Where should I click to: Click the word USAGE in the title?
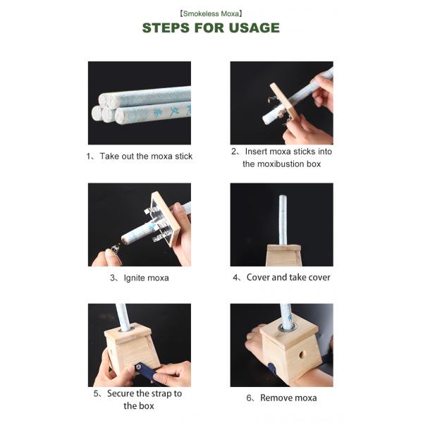(254, 27)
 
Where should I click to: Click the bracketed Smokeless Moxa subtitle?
(211, 13)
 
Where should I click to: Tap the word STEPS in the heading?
(166, 27)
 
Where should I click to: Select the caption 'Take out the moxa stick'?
(146, 157)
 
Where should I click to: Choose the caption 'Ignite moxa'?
(146, 278)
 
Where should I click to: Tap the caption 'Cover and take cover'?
(288, 277)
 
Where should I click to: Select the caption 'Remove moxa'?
(288, 398)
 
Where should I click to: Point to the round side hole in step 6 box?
(302, 355)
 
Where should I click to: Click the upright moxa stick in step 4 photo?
(283, 220)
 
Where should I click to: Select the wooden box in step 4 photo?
(283, 255)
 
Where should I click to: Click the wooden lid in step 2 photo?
(285, 102)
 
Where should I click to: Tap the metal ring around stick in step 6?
(288, 328)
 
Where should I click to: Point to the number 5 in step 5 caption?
(96, 393)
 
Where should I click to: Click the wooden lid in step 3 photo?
(166, 219)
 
